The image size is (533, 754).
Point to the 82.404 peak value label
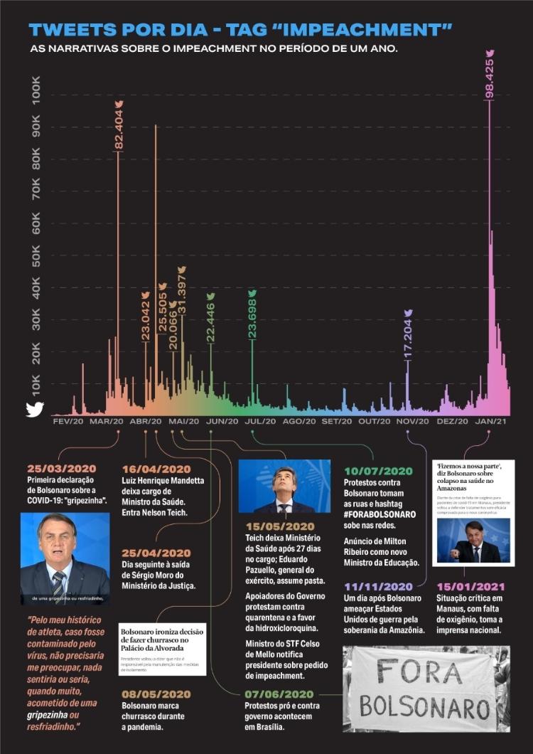(x=119, y=128)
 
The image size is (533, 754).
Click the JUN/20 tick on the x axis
(x=222, y=422)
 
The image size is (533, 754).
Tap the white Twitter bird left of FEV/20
(x=35, y=410)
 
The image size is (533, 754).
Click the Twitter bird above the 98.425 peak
(x=489, y=53)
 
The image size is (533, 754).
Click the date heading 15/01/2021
(x=468, y=587)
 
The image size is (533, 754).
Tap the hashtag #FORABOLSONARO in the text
(x=379, y=514)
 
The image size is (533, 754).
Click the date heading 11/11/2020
(x=377, y=587)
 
